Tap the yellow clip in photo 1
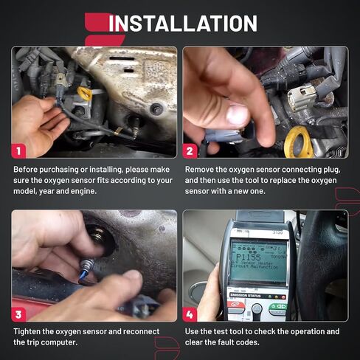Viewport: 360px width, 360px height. tap(83, 94)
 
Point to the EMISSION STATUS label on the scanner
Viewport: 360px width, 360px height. tap(246, 295)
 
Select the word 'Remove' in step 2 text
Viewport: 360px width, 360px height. tap(201, 169)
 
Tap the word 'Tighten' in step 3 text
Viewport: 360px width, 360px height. tap(29, 331)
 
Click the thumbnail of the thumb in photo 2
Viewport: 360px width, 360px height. tap(236, 115)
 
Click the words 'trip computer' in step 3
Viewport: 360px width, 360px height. tap(56, 343)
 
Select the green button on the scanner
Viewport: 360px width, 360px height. tap(277, 307)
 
